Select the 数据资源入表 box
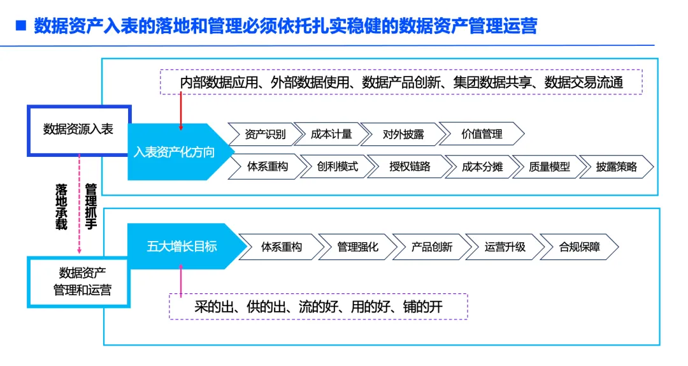tap(78, 129)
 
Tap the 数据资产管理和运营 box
tap(78, 282)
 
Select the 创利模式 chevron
tap(337, 166)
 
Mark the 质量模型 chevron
tap(549, 166)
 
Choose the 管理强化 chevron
tap(357, 247)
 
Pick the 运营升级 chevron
tap(505, 247)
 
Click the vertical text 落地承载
tap(61, 207)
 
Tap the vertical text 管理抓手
tap(90, 207)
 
